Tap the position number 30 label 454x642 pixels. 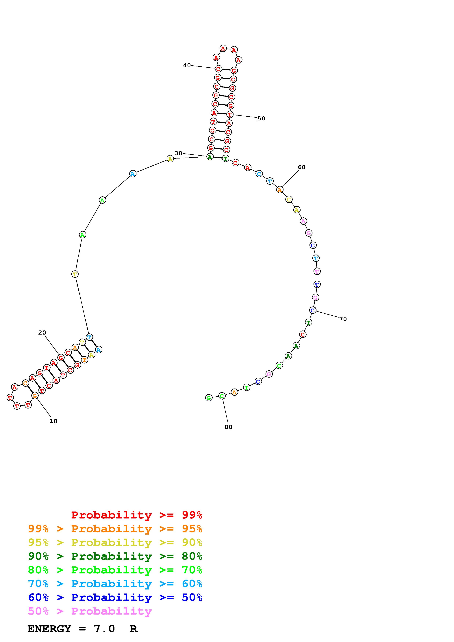point(178,153)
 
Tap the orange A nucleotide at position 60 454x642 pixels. point(280,190)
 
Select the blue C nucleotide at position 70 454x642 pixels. point(313,310)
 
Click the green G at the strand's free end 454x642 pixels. point(209,398)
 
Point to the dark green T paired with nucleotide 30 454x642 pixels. point(225,158)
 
